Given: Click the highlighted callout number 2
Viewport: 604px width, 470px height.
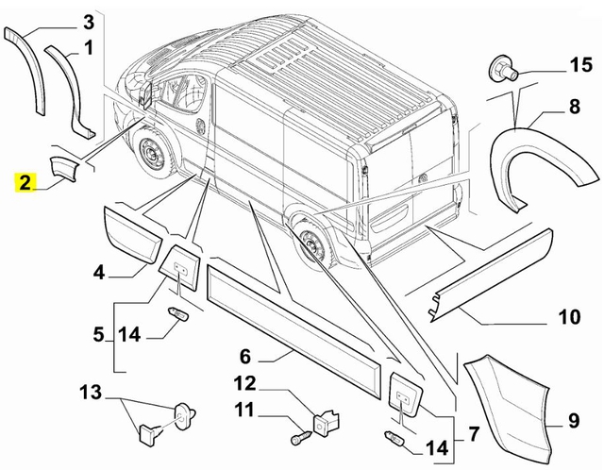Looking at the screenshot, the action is coord(25,182).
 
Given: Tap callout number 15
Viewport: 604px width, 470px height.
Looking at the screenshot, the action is coord(581,64).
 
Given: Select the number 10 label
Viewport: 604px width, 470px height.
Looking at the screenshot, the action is coord(569,317).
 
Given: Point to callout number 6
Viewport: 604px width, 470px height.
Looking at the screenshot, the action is coord(245,357).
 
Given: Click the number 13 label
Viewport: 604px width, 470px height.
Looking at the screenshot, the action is coord(91,393).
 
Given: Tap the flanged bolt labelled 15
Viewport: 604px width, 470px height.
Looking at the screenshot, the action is coord(503,69).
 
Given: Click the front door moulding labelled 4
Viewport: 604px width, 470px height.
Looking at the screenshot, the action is coord(133,235).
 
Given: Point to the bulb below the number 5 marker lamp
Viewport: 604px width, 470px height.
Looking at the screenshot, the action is coord(179,313).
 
